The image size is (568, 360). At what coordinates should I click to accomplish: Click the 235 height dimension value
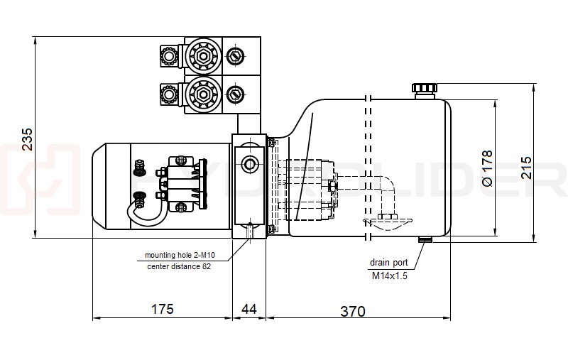[27, 139]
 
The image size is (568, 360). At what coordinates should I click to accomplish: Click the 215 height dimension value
[526, 166]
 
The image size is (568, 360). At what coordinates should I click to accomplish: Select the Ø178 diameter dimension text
[487, 168]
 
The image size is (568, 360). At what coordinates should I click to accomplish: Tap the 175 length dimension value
[163, 310]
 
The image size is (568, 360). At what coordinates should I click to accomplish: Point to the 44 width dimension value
[249, 310]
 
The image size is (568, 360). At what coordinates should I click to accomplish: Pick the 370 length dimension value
[352, 311]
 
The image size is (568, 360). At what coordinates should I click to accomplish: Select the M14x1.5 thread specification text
[389, 276]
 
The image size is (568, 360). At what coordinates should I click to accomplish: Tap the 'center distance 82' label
[179, 266]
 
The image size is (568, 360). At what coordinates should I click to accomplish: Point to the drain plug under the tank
[425, 239]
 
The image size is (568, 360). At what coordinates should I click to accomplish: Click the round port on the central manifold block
[249, 165]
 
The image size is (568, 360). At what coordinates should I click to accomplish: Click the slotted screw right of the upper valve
[235, 55]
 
